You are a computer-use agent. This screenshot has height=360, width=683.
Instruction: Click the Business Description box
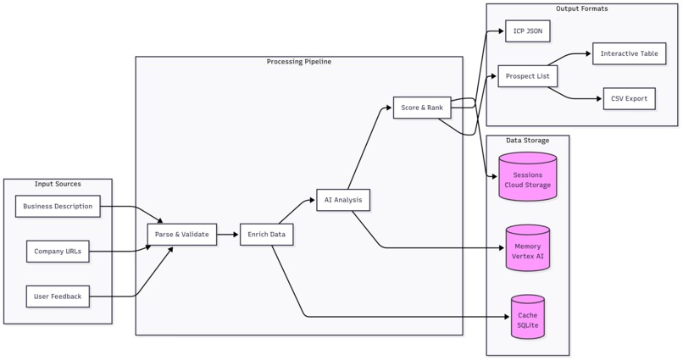point(58,206)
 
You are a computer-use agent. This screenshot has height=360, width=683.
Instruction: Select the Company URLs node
point(58,252)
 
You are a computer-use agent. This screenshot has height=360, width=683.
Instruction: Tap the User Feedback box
point(58,296)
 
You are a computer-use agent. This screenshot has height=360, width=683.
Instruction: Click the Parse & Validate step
point(181,235)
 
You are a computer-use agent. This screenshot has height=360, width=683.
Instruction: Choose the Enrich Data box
point(266,235)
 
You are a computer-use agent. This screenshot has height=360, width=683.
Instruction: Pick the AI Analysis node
point(342,200)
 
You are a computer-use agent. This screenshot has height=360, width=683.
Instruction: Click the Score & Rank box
point(422,108)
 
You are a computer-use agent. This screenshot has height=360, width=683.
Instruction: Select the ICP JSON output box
point(527,31)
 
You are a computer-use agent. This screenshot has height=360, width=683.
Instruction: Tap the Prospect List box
point(527,76)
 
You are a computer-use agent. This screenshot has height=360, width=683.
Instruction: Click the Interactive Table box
point(629,53)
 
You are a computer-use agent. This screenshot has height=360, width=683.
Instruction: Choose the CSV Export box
point(629,98)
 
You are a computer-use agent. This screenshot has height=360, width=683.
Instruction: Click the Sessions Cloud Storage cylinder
point(527,180)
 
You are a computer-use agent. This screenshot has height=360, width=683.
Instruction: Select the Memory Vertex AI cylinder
point(527,251)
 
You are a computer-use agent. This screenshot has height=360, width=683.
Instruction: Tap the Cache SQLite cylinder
point(527,319)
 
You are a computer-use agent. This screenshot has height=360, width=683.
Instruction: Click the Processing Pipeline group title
point(298,62)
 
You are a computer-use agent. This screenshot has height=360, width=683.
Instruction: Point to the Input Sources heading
point(58,184)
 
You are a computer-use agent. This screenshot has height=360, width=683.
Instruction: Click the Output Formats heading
point(581,8)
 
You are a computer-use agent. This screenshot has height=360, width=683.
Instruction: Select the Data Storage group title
point(527,141)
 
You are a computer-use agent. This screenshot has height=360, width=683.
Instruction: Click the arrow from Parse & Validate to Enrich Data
point(228,235)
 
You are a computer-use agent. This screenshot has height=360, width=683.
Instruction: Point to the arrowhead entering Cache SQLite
point(507,317)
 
